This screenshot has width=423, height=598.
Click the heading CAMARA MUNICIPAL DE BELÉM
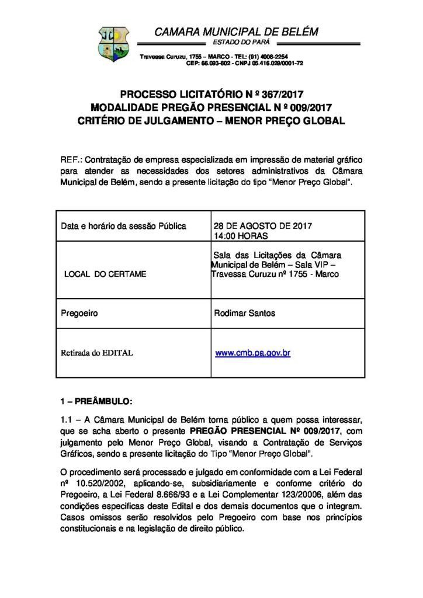(x=236, y=32)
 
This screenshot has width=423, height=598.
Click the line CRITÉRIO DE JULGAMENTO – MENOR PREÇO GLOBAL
(x=211, y=121)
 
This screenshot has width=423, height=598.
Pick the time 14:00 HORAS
(x=241, y=235)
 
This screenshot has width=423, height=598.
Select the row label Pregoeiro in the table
(x=79, y=313)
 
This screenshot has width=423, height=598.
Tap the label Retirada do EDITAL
(x=97, y=353)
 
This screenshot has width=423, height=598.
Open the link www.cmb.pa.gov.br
(x=253, y=353)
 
